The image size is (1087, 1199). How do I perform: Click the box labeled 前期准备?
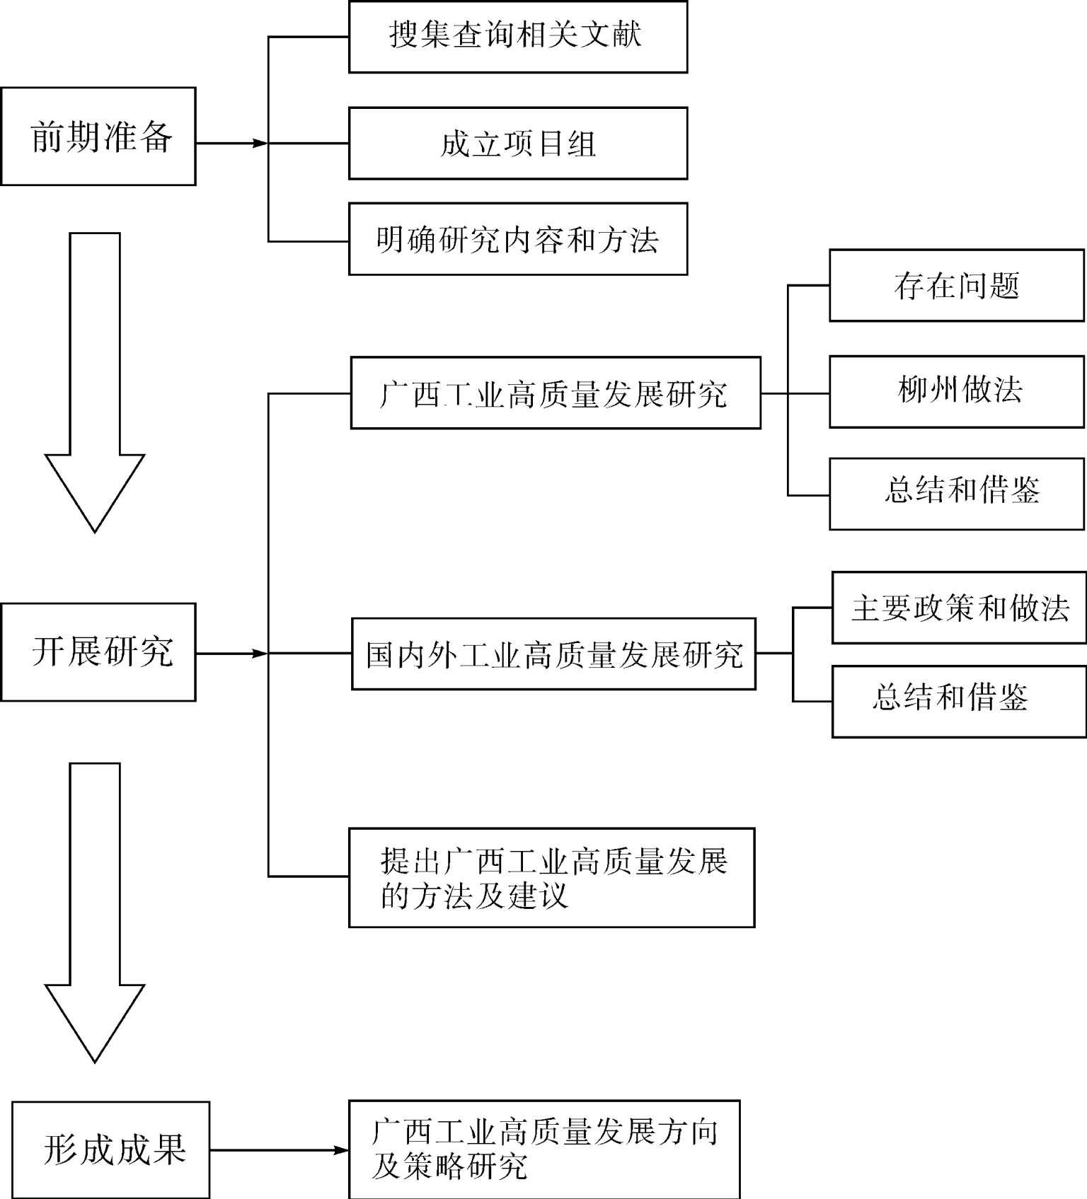click(x=98, y=137)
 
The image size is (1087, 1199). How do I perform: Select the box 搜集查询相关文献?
click(x=518, y=37)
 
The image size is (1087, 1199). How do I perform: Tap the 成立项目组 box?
click(x=518, y=144)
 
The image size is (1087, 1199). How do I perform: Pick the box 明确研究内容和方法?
click(x=518, y=239)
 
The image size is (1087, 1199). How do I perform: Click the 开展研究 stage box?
click(x=98, y=652)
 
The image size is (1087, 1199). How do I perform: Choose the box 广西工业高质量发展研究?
click(x=556, y=393)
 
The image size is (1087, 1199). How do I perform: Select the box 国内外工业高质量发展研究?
click(x=553, y=654)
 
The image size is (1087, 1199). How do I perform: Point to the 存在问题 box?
click(x=957, y=286)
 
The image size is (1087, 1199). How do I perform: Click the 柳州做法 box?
click(x=957, y=392)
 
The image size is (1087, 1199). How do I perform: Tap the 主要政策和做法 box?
click(x=959, y=608)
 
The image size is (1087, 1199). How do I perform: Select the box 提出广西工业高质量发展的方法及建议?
click(x=552, y=878)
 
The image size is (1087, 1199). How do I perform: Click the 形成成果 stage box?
click(x=111, y=1149)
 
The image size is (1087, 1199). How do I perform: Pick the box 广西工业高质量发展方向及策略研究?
click(x=544, y=1149)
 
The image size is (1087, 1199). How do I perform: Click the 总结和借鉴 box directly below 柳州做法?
click(x=957, y=494)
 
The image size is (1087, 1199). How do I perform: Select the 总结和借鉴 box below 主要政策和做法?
click(x=959, y=702)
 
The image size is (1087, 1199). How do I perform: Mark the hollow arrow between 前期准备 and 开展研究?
click(x=95, y=382)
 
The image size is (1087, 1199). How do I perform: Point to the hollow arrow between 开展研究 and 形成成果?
click(x=95, y=913)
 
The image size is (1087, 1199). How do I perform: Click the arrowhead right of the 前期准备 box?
click(x=260, y=144)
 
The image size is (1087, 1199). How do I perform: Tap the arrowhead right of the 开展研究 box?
click(x=260, y=654)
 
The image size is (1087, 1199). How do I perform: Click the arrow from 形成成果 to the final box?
click(x=279, y=1150)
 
